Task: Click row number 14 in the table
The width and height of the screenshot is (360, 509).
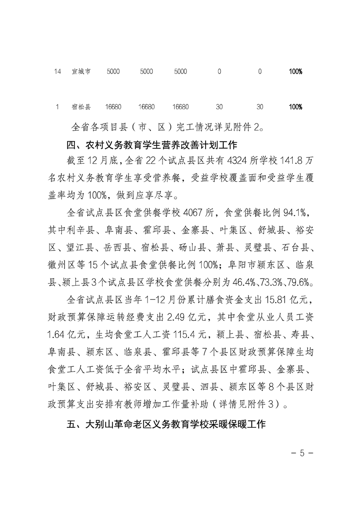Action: point(57,72)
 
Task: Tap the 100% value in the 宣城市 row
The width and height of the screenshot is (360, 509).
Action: point(296,72)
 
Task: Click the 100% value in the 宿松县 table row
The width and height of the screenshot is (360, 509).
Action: point(296,107)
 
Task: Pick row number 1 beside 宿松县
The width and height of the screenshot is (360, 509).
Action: point(57,107)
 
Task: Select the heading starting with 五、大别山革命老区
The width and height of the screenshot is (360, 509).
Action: point(166,426)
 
